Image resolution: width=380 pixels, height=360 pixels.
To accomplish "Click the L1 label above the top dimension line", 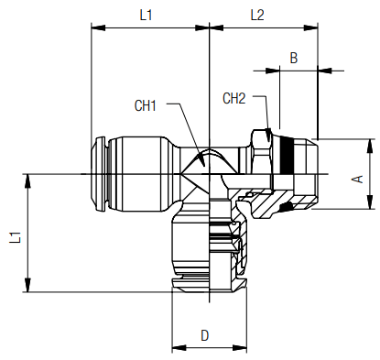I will pos(146,16).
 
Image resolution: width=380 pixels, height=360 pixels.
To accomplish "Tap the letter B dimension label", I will pos(293,57).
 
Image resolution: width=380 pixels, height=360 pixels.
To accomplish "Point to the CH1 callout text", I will pos(146,105).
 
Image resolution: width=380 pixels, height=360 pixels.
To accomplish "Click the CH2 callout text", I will pos(234,98).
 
